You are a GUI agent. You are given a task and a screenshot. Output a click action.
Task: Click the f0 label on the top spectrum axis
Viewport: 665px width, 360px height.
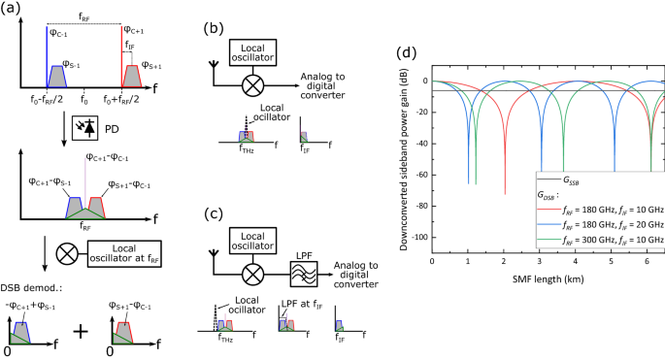[84, 98]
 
